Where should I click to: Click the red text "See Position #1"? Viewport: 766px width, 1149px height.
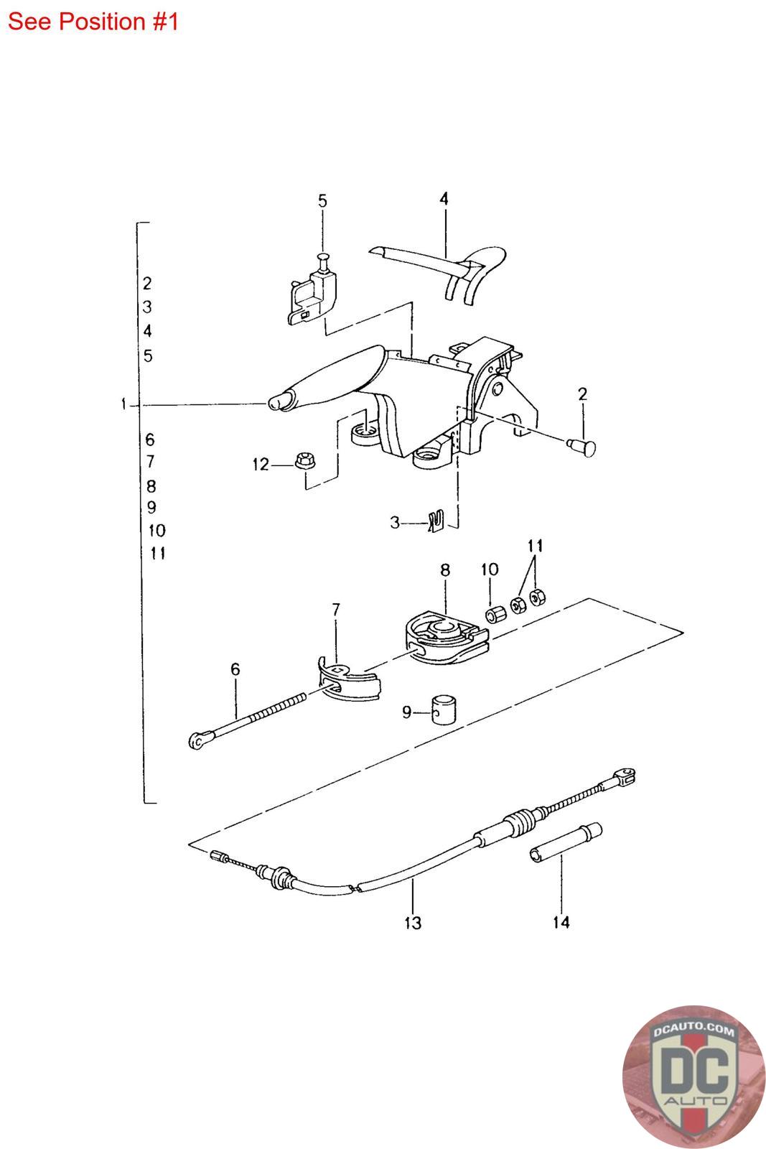pos(93,22)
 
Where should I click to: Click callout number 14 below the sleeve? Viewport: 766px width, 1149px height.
pos(561,921)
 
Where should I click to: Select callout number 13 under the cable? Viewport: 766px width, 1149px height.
pos(413,923)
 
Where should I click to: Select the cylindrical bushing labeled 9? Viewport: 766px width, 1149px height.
pos(446,710)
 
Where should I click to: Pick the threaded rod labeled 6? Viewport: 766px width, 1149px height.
pos(251,720)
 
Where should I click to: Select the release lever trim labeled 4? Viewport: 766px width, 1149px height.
pos(445,266)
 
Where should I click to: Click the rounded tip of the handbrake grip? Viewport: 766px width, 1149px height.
pos(277,402)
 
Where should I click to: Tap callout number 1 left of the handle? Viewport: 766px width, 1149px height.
pos(124,405)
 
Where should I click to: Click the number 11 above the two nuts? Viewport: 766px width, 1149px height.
pos(534,546)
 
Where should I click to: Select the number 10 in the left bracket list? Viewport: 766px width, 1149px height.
pos(157,531)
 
